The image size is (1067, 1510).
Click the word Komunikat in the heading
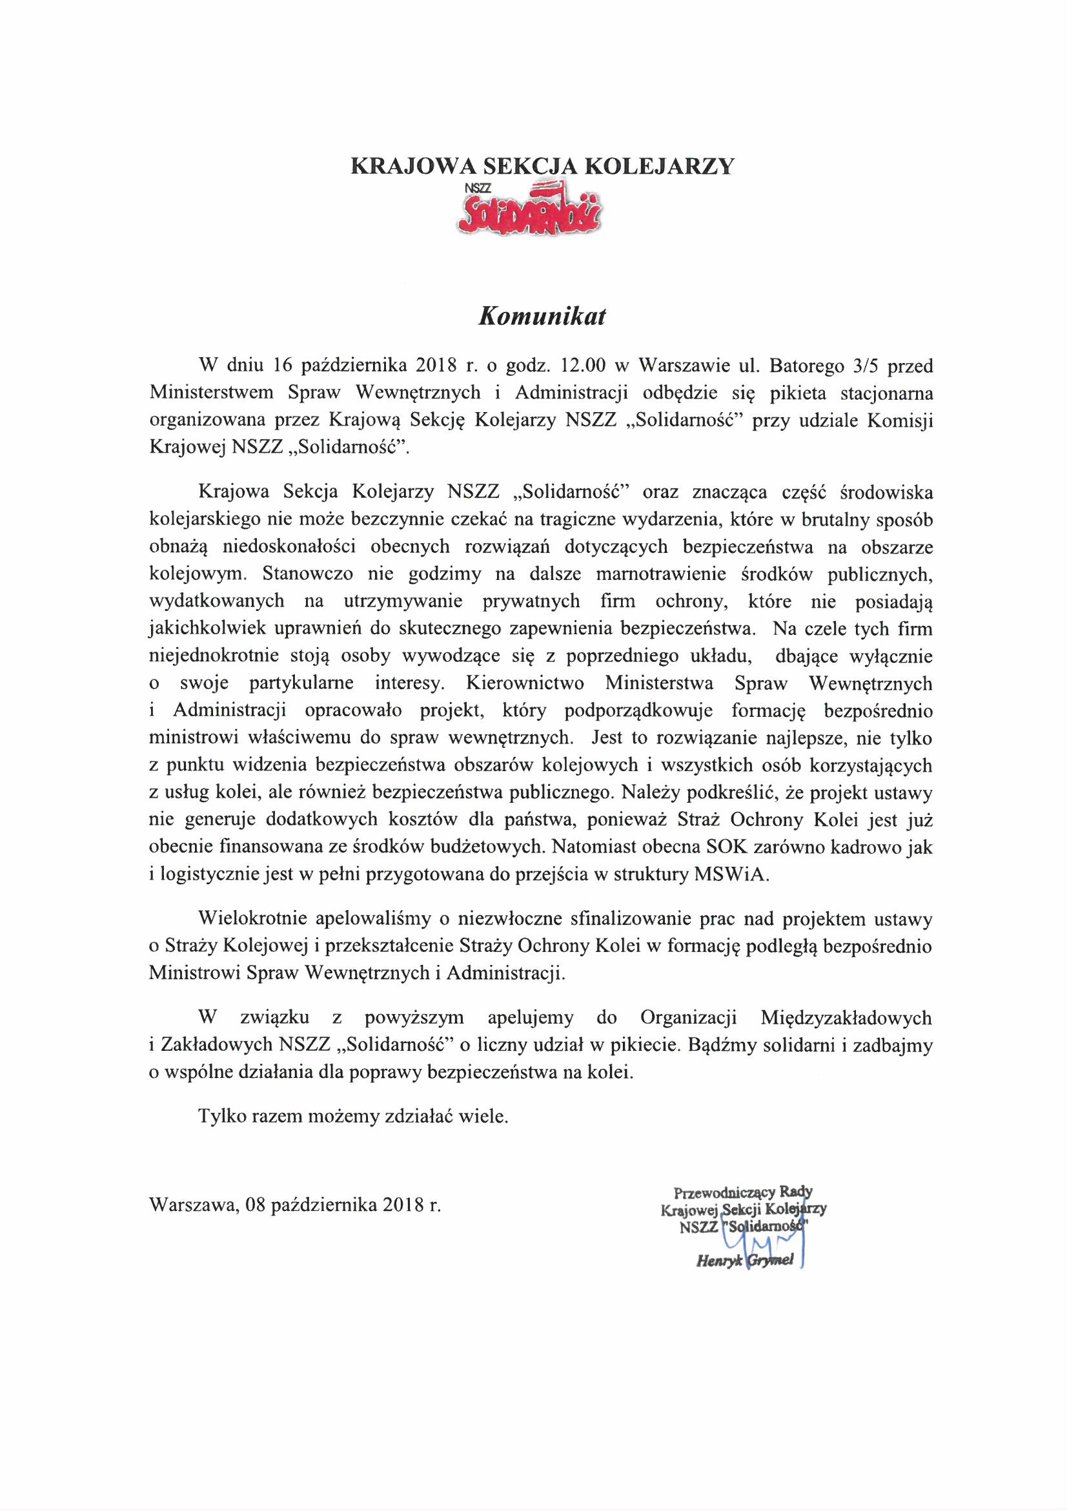pos(540,317)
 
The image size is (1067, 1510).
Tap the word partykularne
pos(301,683)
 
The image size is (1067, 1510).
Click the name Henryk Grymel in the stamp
pos(745,1260)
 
